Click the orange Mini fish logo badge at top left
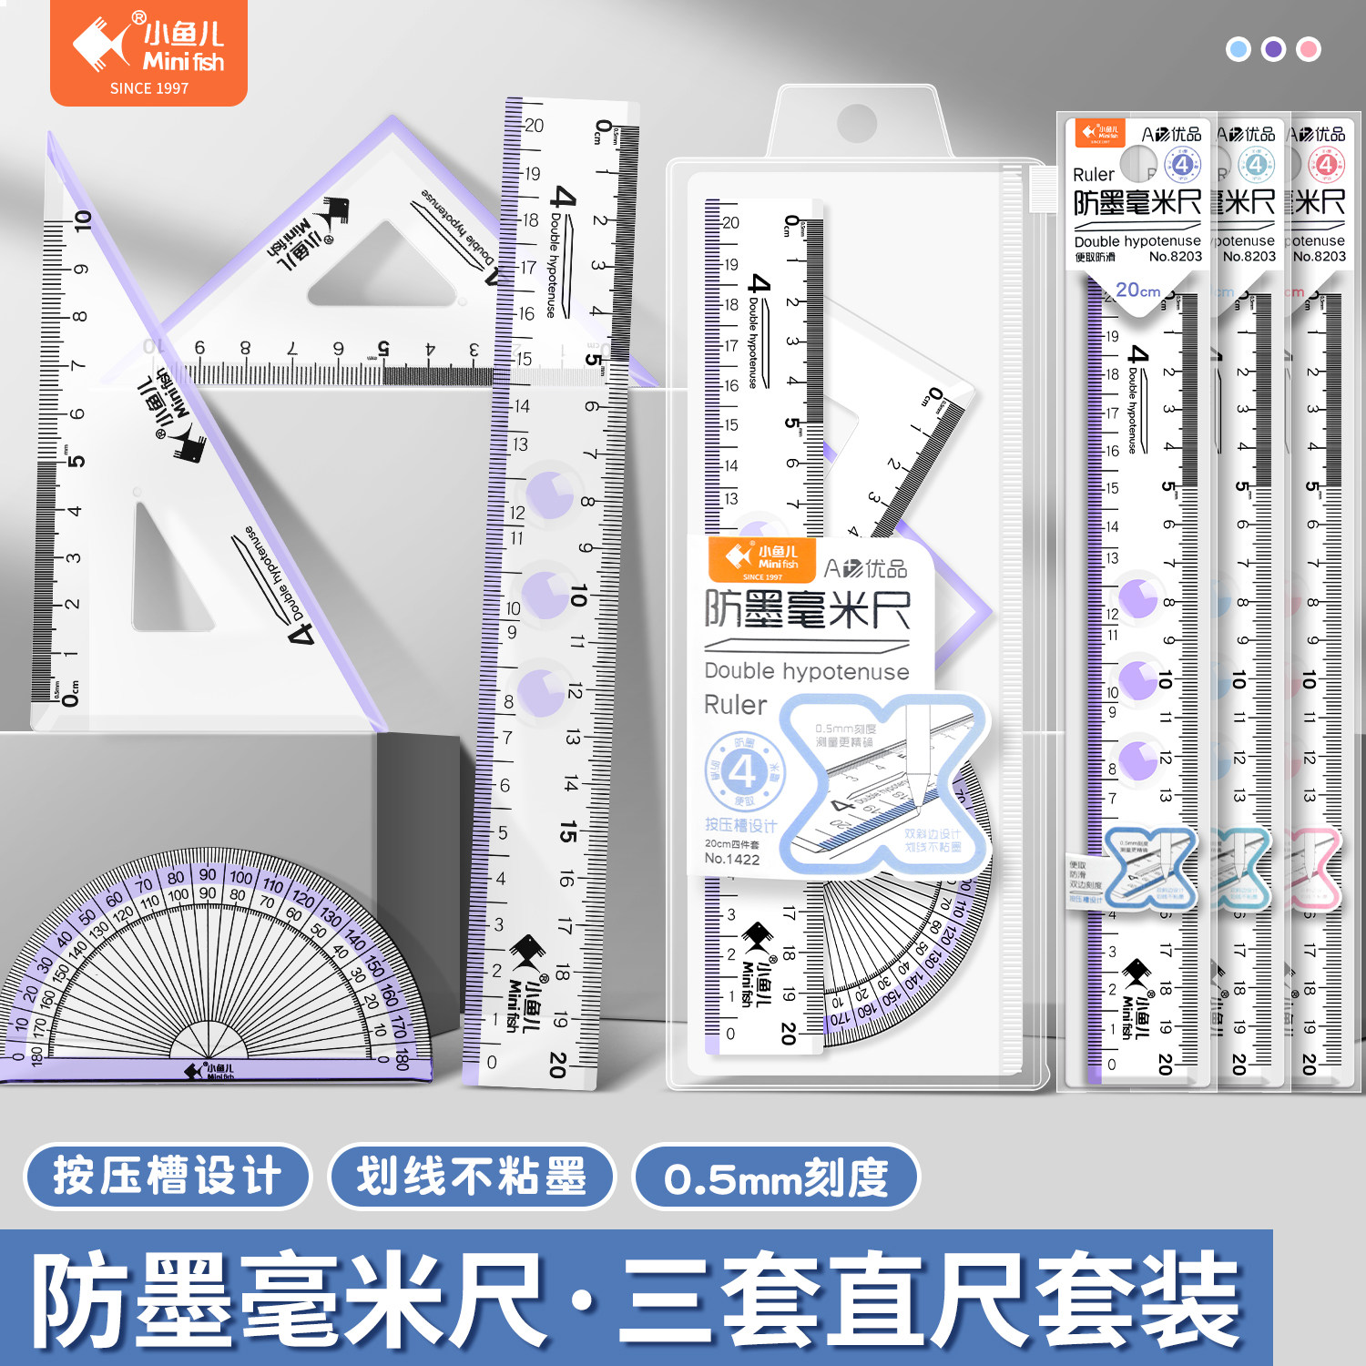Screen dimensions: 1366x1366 coord(148,52)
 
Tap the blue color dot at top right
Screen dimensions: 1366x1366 coord(1239,49)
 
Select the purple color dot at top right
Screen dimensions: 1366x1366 coord(1273,49)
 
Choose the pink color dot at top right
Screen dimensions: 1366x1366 coord(1309,49)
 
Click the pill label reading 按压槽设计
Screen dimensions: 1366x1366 coord(168,1176)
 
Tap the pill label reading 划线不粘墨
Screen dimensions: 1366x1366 coord(472,1176)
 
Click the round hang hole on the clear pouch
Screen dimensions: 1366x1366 coord(856,122)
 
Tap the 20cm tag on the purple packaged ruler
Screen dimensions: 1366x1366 coord(1137,291)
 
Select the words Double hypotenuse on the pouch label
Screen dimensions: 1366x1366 coord(806,671)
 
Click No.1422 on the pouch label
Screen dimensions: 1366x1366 coord(731,859)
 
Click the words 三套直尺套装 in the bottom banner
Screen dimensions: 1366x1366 coord(929,1300)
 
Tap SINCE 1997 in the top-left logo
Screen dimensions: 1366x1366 coord(148,88)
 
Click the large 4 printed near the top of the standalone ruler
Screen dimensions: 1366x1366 coord(564,197)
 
